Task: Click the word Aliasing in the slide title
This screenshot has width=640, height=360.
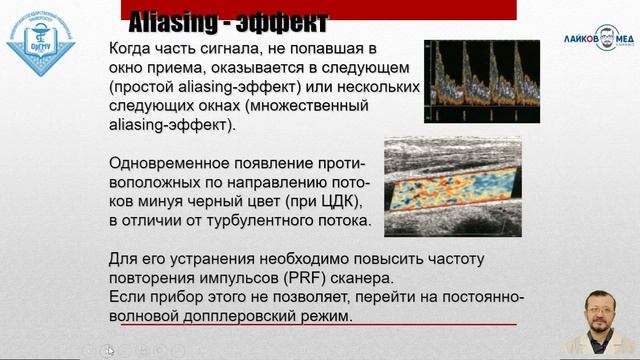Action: (x=175, y=17)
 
